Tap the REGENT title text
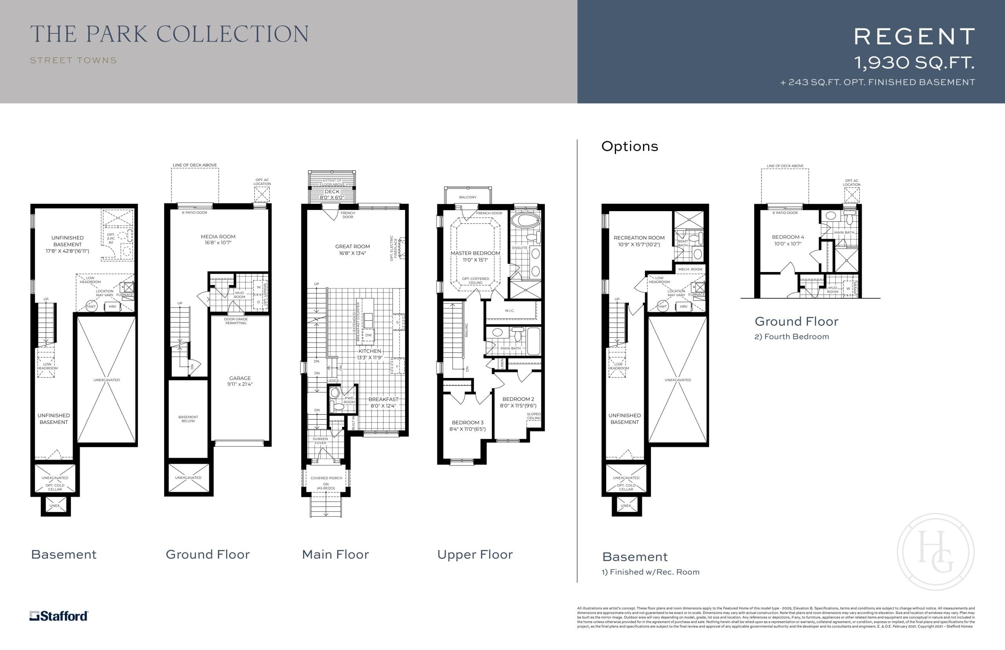914,37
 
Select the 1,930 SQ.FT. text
914,63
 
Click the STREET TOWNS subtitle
73,60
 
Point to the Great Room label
353,250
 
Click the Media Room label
218,239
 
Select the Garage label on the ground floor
240,381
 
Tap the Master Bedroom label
475,256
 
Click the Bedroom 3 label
468,425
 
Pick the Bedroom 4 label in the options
788,240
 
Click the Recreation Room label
639,241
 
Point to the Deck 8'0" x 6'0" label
332,194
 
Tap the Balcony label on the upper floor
467,197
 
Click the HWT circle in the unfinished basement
91,307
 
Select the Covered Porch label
326,478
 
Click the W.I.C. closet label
510,310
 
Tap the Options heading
629,146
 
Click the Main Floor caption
335,554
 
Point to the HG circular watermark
936,551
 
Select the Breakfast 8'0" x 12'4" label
383,402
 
